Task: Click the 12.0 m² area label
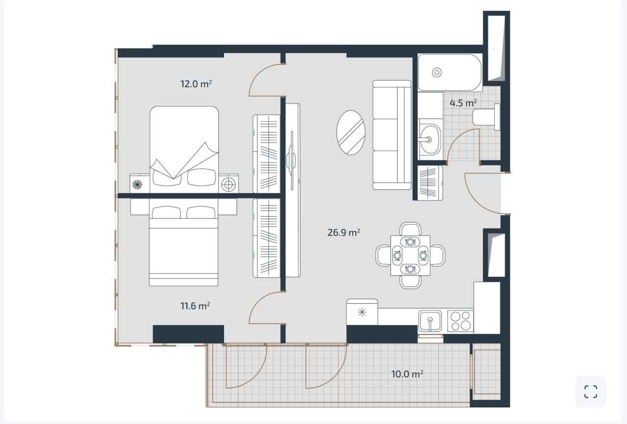point(196,84)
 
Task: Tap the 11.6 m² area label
point(195,306)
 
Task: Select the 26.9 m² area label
point(344,233)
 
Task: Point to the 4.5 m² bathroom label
point(463,103)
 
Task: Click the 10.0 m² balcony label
point(407,374)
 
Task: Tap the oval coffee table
point(351,133)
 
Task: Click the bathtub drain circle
point(437,72)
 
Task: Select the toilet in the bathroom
point(486,117)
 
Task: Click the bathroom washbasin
point(430,139)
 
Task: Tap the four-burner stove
point(460,321)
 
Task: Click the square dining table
point(410,256)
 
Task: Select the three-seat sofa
point(392,135)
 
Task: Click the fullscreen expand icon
point(591,392)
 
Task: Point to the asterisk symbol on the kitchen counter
point(362,312)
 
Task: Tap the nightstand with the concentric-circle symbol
point(228,184)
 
